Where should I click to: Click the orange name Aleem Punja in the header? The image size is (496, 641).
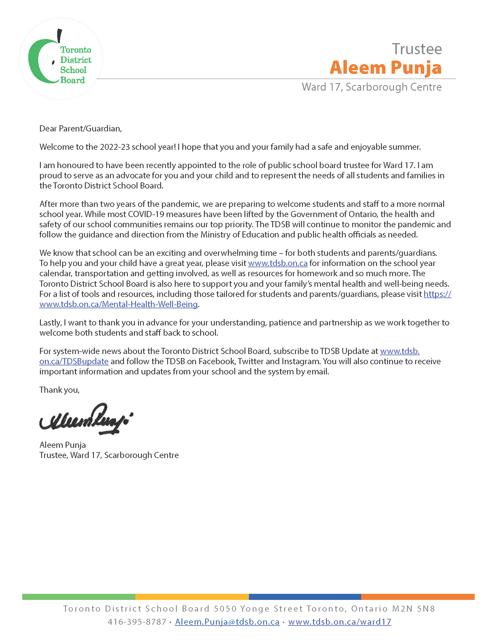coord(385,68)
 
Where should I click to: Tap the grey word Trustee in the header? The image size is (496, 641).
coord(417,49)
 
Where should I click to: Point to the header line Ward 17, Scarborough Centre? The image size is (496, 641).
coord(371,87)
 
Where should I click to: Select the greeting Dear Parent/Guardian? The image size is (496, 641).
coord(80,128)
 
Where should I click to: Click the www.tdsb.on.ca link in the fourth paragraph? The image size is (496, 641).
coord(278,263)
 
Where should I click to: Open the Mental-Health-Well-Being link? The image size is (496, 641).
coord(118,304)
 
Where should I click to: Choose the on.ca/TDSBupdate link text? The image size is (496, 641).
coord(74,361)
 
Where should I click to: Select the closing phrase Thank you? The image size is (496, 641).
coord(59,390)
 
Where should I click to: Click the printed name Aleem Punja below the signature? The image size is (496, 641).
coord(63,445)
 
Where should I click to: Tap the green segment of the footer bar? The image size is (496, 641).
coord(78,597)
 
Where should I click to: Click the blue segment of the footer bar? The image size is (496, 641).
coord(305,597)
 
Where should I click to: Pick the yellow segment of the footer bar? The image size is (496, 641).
coord(192,597)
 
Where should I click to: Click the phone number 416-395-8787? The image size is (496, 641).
coord(137,622)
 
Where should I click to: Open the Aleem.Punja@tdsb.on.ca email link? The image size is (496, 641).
coord(227,622)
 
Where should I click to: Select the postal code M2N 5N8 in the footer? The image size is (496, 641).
coord(413,609)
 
